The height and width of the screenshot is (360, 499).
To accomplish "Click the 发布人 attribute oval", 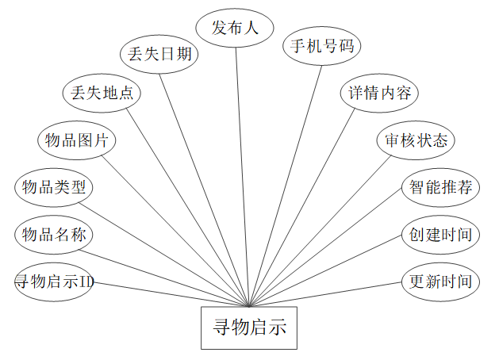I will pyautogui.click(x=235, y=29).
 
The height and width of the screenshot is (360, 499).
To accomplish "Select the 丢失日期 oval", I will pyautogui.click(x=159, y=54).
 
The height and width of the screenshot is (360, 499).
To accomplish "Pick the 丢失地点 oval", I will pyautogui.click(x=102, y=93).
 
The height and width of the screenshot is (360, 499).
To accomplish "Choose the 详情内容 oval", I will pyautogui.click(x=379, y=93).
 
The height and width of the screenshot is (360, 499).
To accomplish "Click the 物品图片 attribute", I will pyautogui.click(x=77, y=141).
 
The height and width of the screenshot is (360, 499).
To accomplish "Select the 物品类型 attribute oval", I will pyautogui.click(x=54, y=188).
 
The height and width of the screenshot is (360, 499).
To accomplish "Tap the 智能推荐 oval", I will pyautogui.click(x=440, y=188).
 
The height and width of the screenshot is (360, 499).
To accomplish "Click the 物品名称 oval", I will pyautogui.click(x=54, y=235).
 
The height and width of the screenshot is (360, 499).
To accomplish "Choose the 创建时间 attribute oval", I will pyautogui.click(x=440, y=235).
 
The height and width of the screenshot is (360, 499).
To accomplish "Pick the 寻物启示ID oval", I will pyautogui.click(x=54, y=281).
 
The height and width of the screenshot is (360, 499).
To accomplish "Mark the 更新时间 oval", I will pyautogui.click(x=440, y=281).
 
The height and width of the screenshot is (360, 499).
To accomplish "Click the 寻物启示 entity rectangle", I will pyautogui.click(x=249, y=327).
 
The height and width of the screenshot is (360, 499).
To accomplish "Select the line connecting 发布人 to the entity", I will pyautogui.click(x=242, y=174).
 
